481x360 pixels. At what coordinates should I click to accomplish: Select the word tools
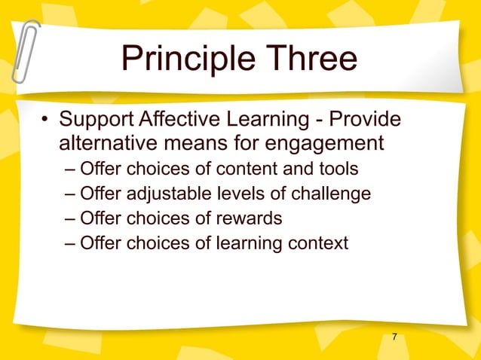pos(337,168)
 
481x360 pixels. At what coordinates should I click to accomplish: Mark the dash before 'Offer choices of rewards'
pos(69,218)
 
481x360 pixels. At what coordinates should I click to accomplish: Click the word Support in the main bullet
pos(96,121)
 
